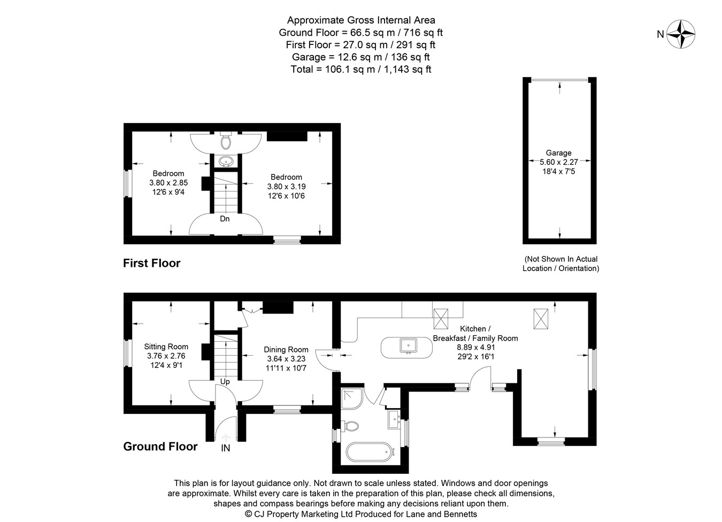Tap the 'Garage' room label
click(558, 153)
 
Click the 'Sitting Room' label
click(166, 347)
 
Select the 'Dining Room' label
click(286, 350)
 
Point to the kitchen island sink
click(408, 346)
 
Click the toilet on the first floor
click(225, 142)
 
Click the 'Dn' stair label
click(225, 219)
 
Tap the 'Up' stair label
click(225, 382)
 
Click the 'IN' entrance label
click(226, 448)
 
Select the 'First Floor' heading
click(152, 263)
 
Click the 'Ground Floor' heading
click(160, 447)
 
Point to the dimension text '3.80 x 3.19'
click(286, 187)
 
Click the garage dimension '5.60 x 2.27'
click(558, 162)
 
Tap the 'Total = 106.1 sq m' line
click(360, 69)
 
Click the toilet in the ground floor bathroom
click(350, 426)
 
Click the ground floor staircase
click(225, 355)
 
